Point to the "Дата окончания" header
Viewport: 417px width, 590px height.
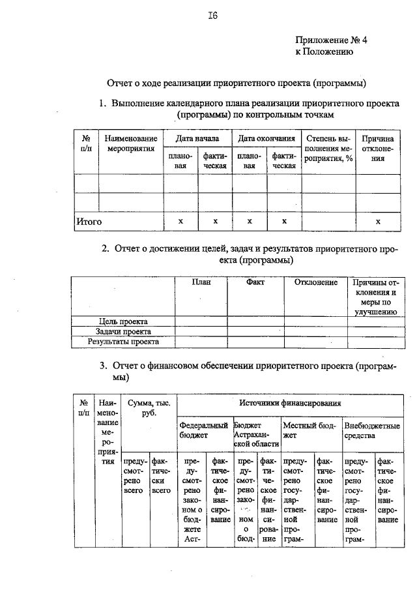click(x=266, y=139)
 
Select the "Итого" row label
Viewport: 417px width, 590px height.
click(x=89, y=222)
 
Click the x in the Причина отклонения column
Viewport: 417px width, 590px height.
click(x=378, y=222)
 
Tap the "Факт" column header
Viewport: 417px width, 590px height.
click(x=255, y=282)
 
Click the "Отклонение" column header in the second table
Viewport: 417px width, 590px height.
click(x=315, y=282)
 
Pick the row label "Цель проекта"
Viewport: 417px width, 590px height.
click(x=123, y=321)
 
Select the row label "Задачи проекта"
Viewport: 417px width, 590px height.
click(x=123, y=331)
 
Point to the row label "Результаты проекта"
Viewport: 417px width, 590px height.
click(x=123, y=341)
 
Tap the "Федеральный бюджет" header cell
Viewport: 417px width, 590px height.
click(x=203, y=430)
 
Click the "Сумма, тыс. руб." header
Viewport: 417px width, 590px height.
click(x=149, y=408)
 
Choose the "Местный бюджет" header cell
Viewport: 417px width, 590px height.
click(x=309, y=430)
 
